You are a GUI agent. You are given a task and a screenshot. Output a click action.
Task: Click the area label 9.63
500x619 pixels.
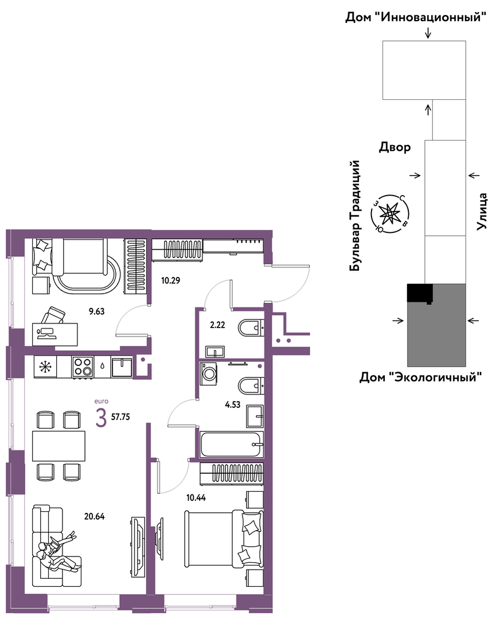pyautogui.click(x=97, y=312)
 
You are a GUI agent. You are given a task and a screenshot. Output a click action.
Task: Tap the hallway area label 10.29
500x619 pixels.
pyautogui.click(x=170, y=281)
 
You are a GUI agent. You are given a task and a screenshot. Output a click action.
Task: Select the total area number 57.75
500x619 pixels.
pyautogui.click(x=120, y=417)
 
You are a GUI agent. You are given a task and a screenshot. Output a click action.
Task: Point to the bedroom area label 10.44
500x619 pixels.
pyautogui.click(x=196, y=497)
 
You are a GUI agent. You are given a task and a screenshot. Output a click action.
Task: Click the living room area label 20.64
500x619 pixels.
pyautogui.click(x=94, y=516)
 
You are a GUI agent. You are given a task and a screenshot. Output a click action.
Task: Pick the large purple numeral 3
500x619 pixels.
pyautogui.click(x=101, y=418)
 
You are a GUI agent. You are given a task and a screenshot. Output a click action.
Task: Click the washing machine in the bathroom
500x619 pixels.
pyautogui.click(x=208, y=373)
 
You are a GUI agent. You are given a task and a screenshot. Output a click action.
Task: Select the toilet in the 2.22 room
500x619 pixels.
pyautogui.click(x=251, y=328)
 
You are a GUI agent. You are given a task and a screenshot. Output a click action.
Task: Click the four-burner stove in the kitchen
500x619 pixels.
pyautogui.click(x=83, y=366)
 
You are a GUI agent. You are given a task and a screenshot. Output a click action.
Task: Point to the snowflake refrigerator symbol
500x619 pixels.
pyautogui.click(x=45, y=367)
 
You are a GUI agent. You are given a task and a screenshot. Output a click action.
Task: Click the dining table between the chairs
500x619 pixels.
pyautogui.click(x=59, y=446)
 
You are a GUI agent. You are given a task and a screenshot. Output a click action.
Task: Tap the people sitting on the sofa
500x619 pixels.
pyautogui.click(x=57, y=551)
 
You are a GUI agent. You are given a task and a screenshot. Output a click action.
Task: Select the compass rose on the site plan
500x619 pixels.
pyautogui.click(x=390, y=213)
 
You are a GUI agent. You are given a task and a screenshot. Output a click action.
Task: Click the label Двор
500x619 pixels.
pyautogui.click(x=394, y=147)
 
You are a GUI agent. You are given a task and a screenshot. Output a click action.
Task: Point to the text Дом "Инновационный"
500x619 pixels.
pyautogui.click(x=415, y=17)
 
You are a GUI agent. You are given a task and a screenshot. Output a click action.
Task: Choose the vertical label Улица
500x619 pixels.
pyautogui.click(x=482, y=211)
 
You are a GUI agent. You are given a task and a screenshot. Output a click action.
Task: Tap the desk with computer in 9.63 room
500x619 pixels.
pyautogui.click(x=55, y=334)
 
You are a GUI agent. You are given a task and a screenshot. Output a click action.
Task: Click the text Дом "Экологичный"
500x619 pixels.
pyautogui.click(x=421, y=377)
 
